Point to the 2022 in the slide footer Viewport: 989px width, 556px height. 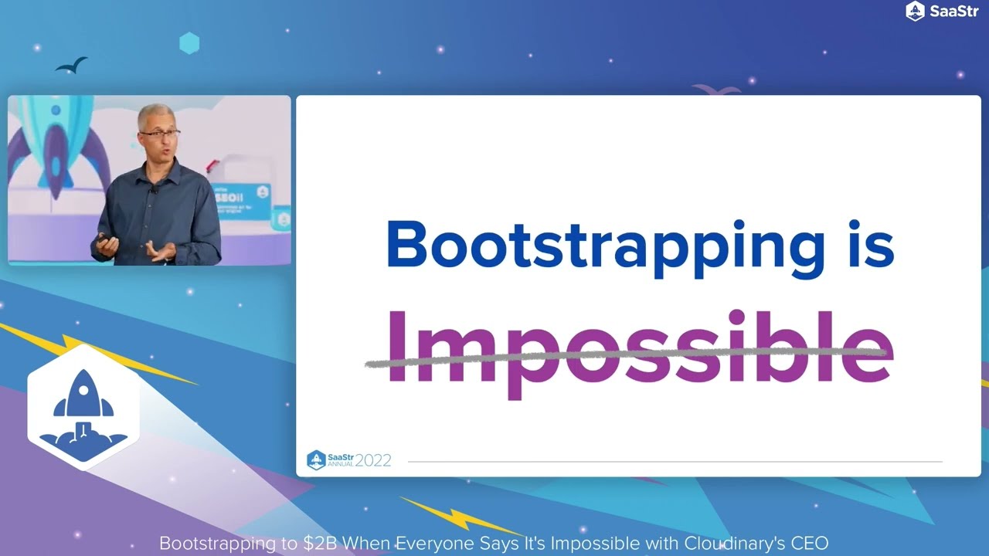372,460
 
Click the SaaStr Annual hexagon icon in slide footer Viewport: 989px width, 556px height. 316,460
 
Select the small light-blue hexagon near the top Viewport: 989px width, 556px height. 189,42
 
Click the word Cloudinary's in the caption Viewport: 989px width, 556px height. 735,543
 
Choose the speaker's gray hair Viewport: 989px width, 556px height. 154,114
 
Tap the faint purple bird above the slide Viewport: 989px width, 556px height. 716,90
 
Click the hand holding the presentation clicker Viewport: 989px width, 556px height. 105,246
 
